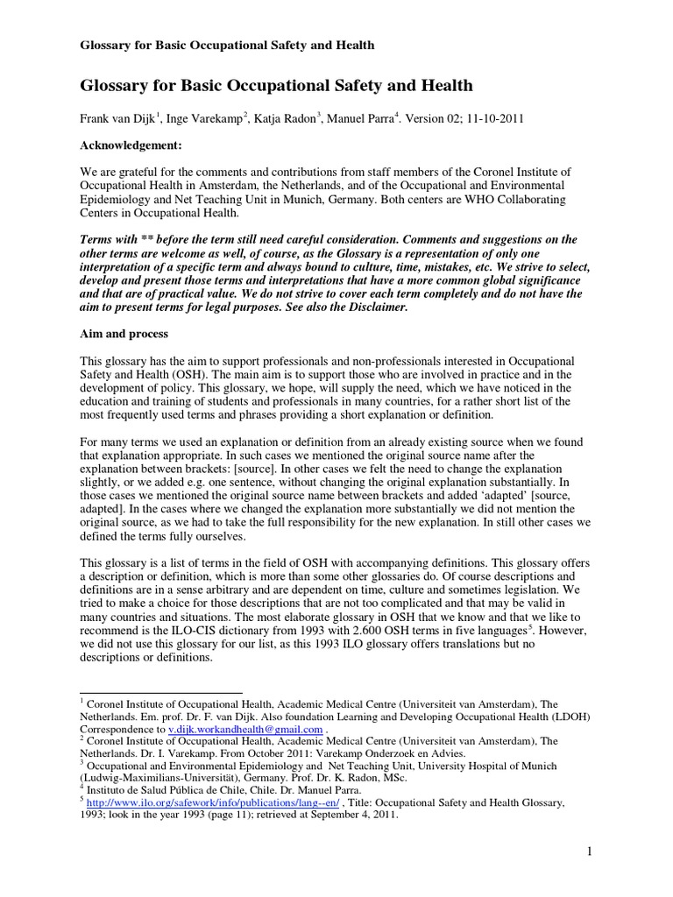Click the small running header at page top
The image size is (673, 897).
click(x=227, y=45)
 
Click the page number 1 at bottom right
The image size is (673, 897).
click(x=590, y=851)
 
